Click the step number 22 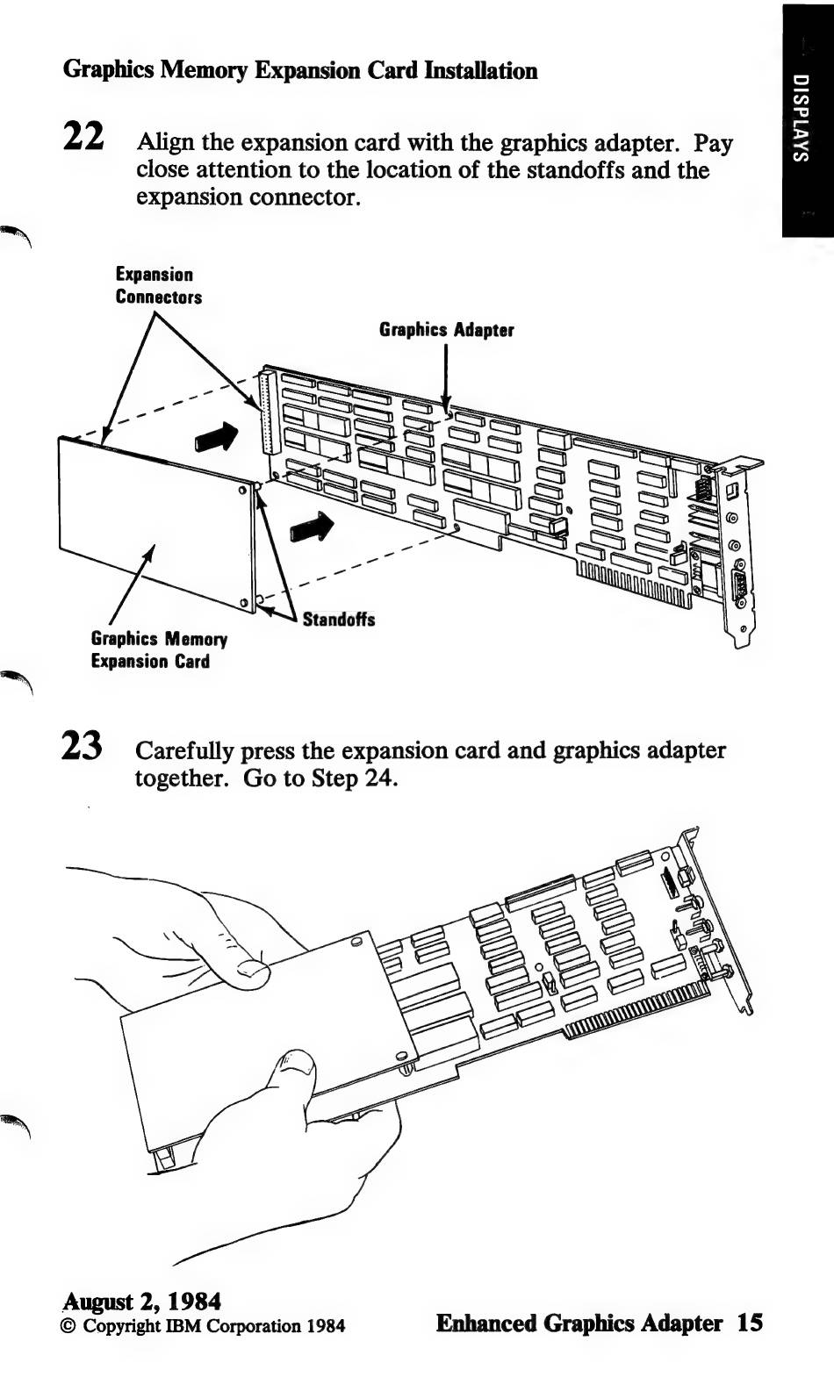point(84,136)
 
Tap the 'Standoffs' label point(338,620)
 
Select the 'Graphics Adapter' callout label point(446,330)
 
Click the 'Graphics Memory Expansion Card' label point(158,650)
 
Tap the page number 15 point(750,1323)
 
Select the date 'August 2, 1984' point(141,1301)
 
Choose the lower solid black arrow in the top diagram point(312,528)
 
